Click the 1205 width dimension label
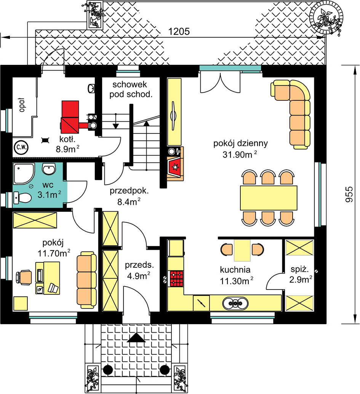[x=179, y=31]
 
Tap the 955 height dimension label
[x=349, y=194]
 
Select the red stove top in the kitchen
[x=176, y=279]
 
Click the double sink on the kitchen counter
[x=235, y=303]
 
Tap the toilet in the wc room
[x=22, y=198]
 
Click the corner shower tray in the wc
[x=24, y=174]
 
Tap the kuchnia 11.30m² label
[x=236, y=275]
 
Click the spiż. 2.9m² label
[x=301, y=274]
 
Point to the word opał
[x=22, y=105]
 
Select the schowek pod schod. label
[x=131, y=89]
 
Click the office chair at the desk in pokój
[x=24, y=277]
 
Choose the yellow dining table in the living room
[x=269, y=198]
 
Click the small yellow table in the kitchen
[x=242, y=250]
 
